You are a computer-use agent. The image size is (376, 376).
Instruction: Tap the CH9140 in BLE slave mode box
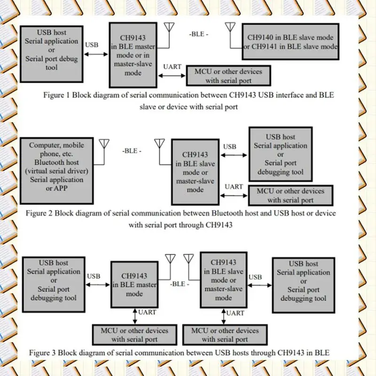[290, 41]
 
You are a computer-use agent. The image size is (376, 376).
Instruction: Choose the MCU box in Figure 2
[290, 195]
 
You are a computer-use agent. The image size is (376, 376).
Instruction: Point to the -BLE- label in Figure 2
[132, 151]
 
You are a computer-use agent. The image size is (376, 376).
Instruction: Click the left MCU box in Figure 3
[134, 335]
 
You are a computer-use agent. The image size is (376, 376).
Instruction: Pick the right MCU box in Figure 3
[225, 335]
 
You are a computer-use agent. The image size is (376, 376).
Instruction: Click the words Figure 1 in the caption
[57, 96]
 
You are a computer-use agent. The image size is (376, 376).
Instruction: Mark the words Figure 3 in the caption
[43, 352]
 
